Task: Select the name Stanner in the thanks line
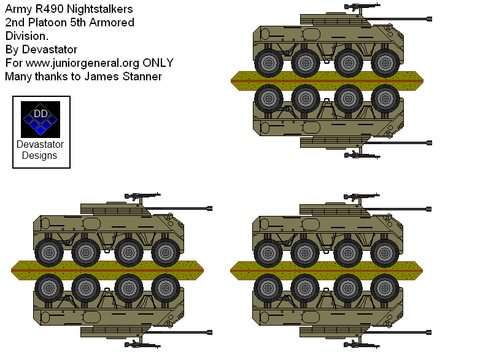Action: click(141, 76)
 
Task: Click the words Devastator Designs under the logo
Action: click(41, 150)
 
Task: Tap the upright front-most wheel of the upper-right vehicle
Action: click(385, 61)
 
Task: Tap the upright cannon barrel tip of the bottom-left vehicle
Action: click(209, 209)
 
